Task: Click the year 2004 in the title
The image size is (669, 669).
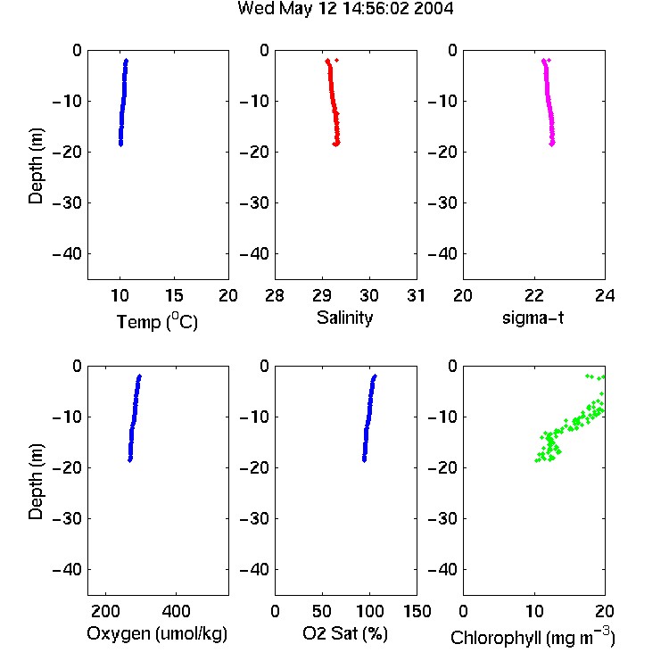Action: [434, 9]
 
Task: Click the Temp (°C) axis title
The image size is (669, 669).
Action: [157, 321]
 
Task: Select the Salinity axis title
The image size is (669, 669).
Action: [344, 318]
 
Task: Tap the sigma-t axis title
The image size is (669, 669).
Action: [533, 318]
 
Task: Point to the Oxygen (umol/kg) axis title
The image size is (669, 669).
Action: [157, 633]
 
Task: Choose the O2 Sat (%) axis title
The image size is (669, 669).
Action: [344, 633]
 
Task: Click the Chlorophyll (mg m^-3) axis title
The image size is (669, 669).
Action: [533, 637]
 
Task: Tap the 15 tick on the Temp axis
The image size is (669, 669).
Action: [174, 295]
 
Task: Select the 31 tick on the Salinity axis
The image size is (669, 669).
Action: [416, 295]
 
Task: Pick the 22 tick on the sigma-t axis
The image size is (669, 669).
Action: [533, 295]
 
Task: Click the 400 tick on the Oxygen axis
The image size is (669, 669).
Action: [176, 611]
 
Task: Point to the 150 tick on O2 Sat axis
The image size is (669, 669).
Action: [417, 611]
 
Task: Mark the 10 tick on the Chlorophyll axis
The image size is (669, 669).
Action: [534, 611]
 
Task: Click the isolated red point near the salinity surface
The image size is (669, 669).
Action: [336, 60]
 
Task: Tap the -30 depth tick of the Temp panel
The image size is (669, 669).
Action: [67, 202]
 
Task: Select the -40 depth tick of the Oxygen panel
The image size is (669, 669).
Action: [67, 569]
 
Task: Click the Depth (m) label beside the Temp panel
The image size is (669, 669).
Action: [36, 166]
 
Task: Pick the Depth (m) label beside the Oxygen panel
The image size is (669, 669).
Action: [36, 482]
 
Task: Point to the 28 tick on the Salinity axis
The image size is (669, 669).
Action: [275, 295]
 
